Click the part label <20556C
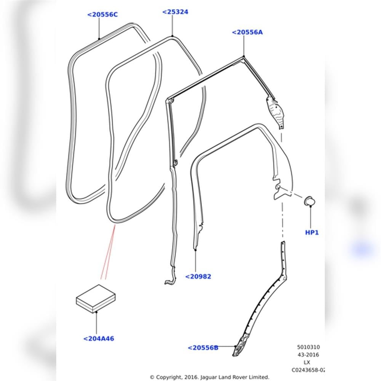pos(102,14)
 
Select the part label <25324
pos(175,12)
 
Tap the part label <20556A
pos(247,32)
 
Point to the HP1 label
pos(312,232)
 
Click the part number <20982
pos(198,277)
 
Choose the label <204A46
pos(99,338)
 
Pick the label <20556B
pos(203,348)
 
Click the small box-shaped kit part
pos(96,299)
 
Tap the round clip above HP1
pos(309,201)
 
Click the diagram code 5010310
pos(308,347)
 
